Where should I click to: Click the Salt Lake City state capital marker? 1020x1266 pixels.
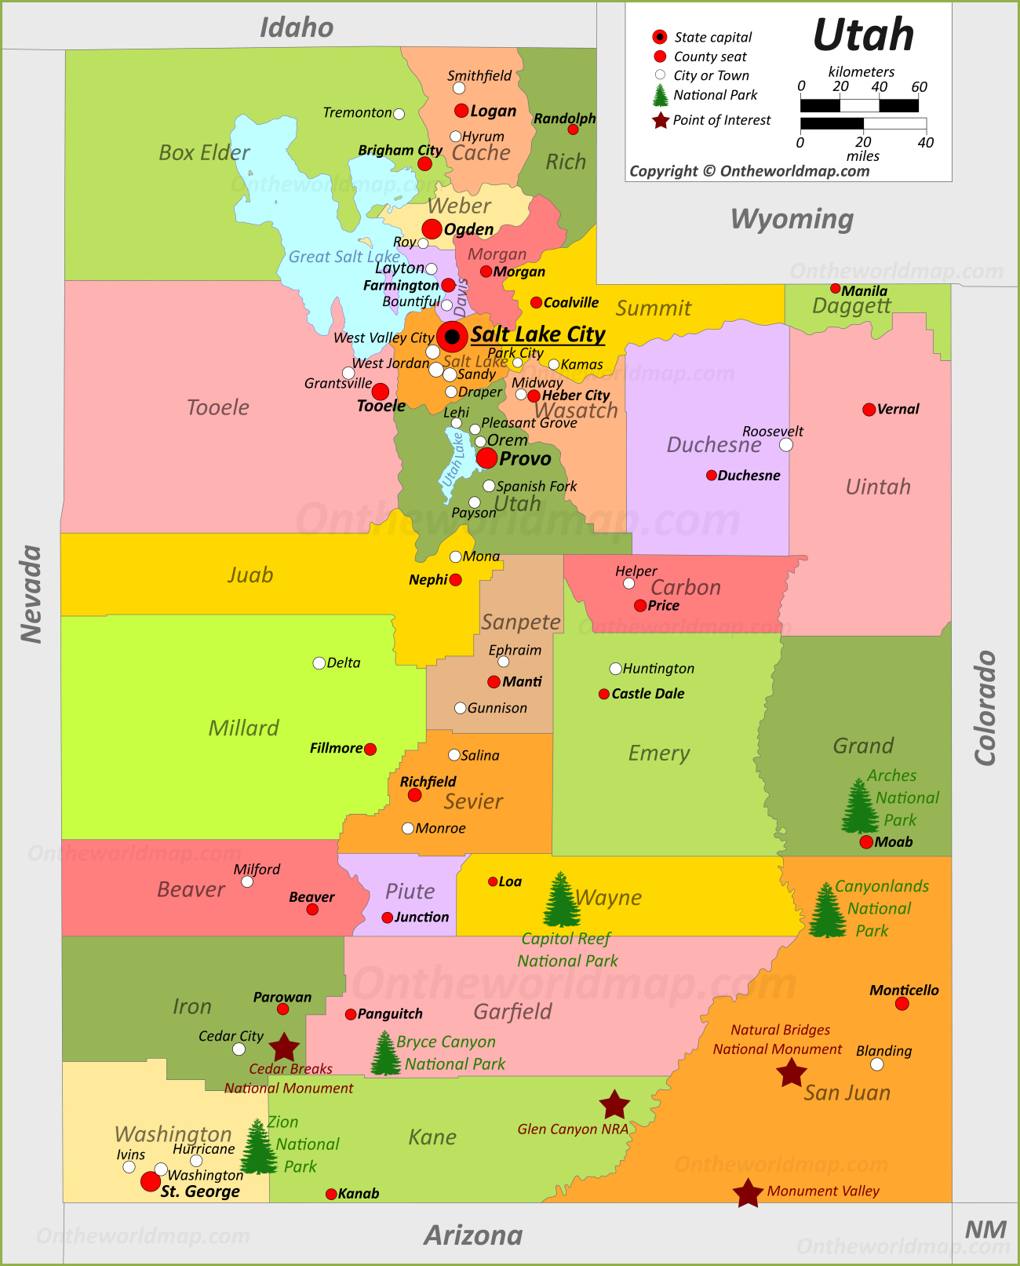coord(452,336)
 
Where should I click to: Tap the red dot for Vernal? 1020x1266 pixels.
coord(869,410)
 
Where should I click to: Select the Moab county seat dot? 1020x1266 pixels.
coord(866,842)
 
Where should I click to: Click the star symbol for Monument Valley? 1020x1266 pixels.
coord(748,1193)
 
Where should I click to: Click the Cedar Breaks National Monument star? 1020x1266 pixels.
coord(284,1047)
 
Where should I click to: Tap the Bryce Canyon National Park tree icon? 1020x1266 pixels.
coord(385,1053)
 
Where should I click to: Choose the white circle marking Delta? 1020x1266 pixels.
coord(319,663)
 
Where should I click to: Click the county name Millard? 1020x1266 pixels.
coord(243,728)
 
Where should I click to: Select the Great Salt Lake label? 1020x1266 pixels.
coord(344,257)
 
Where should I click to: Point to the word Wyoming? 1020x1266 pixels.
coord(792,219)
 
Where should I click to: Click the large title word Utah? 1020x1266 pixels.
coord(863,35)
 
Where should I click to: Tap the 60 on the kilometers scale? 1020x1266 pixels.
coord(919,86)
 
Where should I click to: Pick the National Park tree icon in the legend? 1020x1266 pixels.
coord(661,95)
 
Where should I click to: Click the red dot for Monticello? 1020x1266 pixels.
coord(902,1004)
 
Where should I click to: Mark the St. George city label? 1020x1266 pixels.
coord(200,1191)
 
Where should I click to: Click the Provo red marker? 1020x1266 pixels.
coord(486,458)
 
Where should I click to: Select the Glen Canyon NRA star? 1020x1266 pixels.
coord(614,1105)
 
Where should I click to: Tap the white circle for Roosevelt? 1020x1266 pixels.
coord(786,445)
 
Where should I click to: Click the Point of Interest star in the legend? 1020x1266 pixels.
coord(661,120)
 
